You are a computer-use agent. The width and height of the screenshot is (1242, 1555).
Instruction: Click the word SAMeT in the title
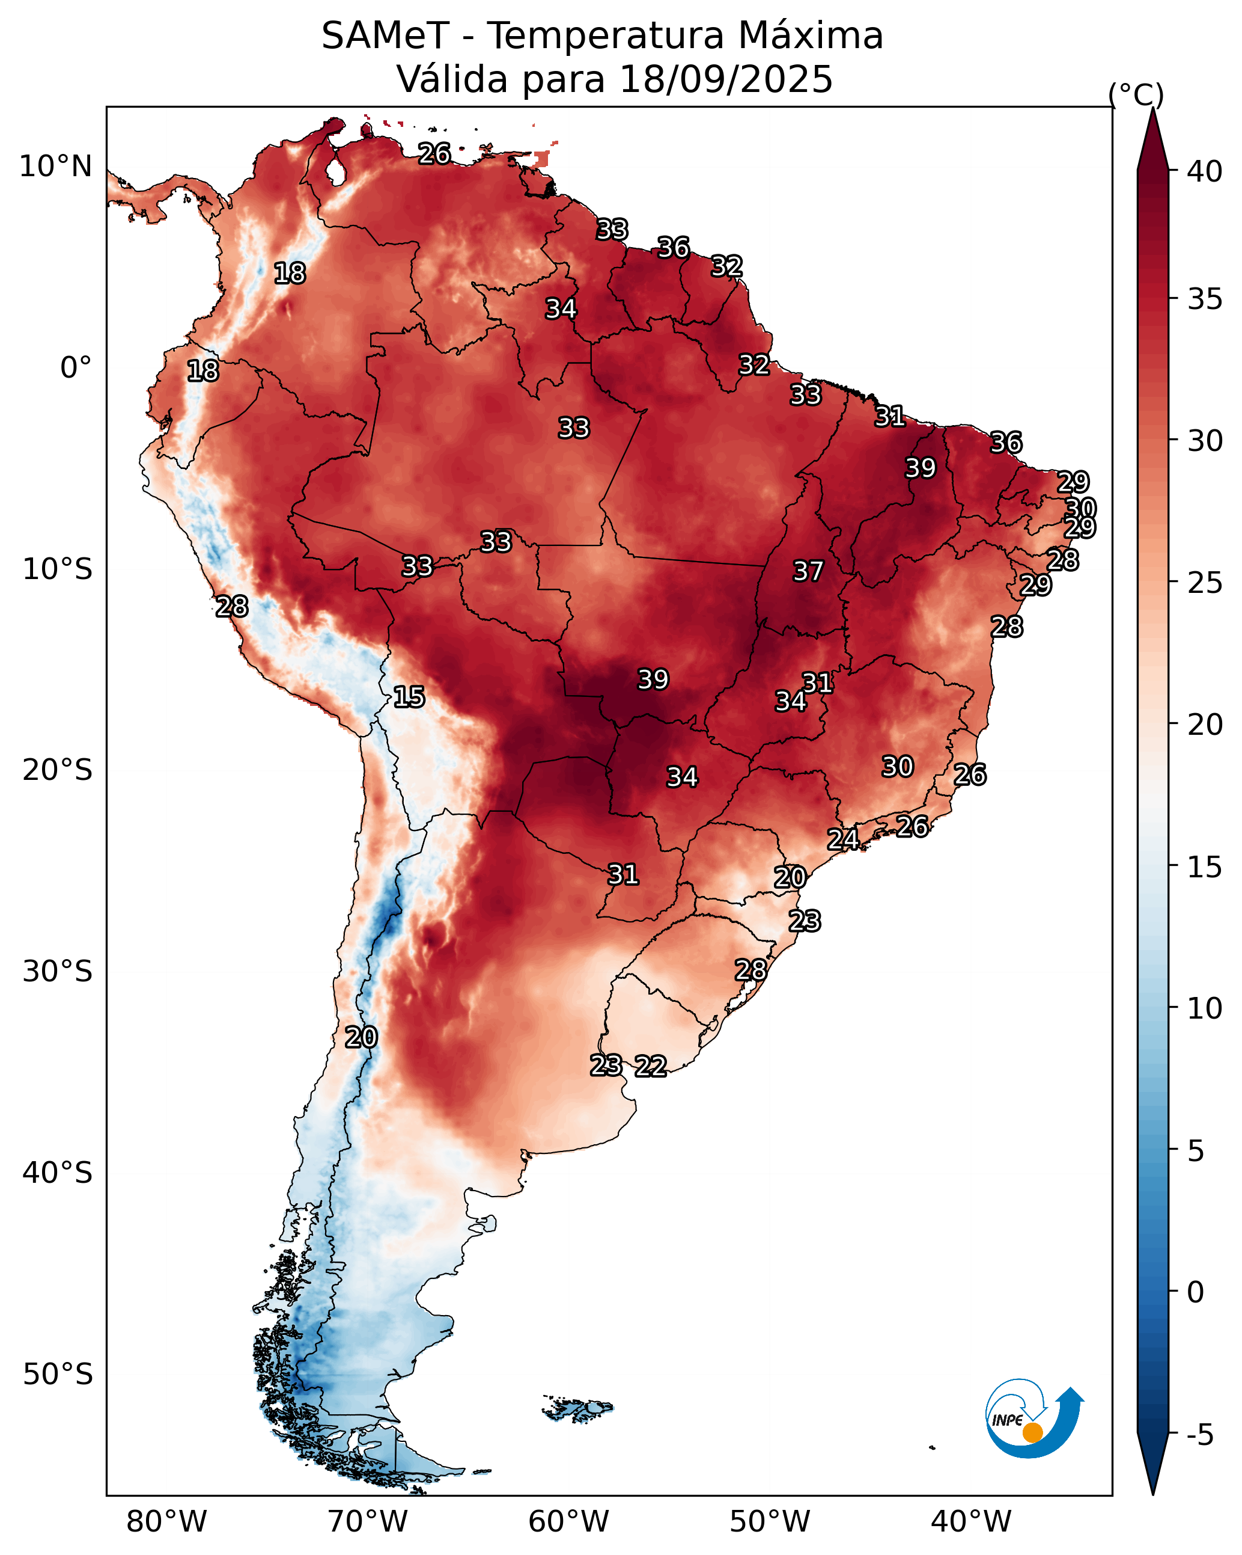coord(385,36)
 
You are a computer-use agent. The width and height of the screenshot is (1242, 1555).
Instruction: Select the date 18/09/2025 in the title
coord(725,79)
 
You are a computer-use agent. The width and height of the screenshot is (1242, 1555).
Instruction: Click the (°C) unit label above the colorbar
coord(1135,95)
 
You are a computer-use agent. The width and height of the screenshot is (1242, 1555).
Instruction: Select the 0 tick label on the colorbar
coord(1195,1292)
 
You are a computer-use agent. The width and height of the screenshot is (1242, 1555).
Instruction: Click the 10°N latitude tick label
coord(55,167)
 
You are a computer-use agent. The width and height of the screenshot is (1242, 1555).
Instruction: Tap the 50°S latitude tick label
coord(58,1375)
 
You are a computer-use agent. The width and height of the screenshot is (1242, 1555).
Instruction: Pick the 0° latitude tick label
coord(76,368)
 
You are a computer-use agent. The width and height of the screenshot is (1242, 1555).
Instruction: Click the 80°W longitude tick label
coord(166,1522)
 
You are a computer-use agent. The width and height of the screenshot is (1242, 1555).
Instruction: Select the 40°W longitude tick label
coord(971,1522)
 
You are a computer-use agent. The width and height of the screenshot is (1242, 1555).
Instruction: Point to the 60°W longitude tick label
coord(569,1522)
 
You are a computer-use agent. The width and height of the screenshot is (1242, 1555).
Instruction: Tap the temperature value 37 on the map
coord(808,571)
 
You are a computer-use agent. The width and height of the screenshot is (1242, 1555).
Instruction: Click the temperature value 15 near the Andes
coord(409,697)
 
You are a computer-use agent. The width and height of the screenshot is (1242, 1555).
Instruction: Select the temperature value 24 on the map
coord(842,839)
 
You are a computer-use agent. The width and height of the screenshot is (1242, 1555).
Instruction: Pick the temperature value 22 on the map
coord(650,1066)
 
